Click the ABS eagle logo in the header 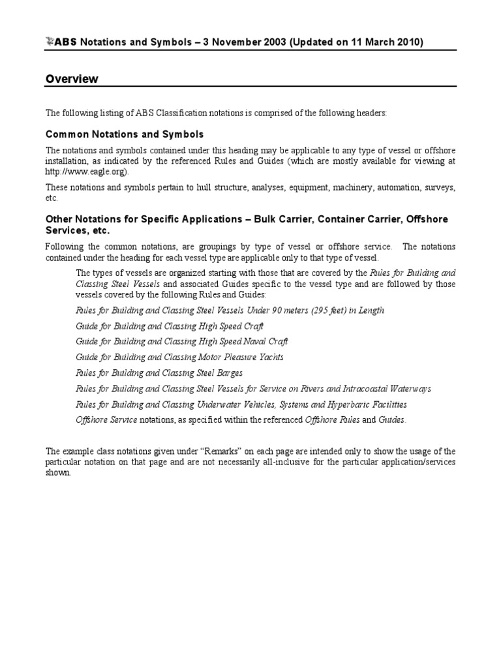51,42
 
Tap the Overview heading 72,79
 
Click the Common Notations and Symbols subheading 125,134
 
